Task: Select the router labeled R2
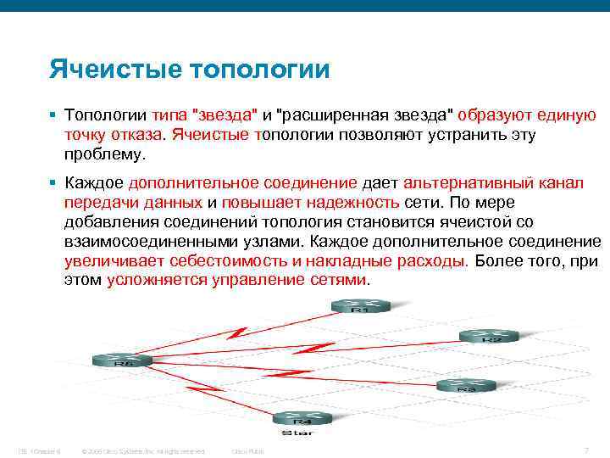[x=489, y=336]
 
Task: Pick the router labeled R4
[x=302, y=417]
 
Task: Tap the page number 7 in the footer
[x=586, y=450]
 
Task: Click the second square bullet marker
[x=53, y=183]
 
